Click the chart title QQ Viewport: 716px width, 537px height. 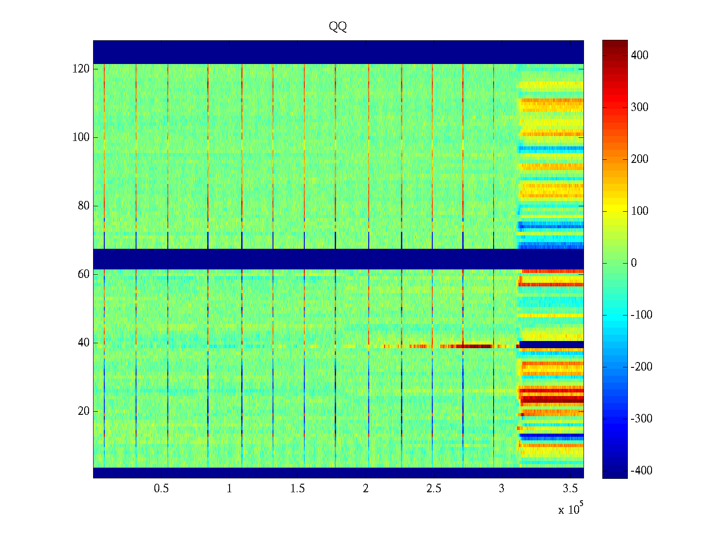pos(338,27)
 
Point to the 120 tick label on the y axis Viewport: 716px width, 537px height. pos(81,69)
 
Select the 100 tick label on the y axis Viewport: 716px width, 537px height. pos(81,137)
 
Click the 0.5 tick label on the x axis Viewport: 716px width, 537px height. pos(162,489)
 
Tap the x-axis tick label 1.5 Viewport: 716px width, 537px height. pos(298,489)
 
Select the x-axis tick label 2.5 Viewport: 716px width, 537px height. pos(434,489)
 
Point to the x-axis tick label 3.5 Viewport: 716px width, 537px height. pos(570,489)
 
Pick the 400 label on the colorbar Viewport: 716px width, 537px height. pos(639,55)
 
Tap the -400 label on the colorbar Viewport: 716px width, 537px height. pos(641,471)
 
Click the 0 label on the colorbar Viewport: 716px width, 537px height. pos(634,263)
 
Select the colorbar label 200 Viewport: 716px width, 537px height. pos(639,159)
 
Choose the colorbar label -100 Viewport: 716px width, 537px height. pos(641,315)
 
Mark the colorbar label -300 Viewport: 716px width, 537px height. pos(641,419)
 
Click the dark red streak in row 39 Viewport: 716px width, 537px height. pos(477,346)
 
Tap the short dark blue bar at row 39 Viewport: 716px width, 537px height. pos(551,345)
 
